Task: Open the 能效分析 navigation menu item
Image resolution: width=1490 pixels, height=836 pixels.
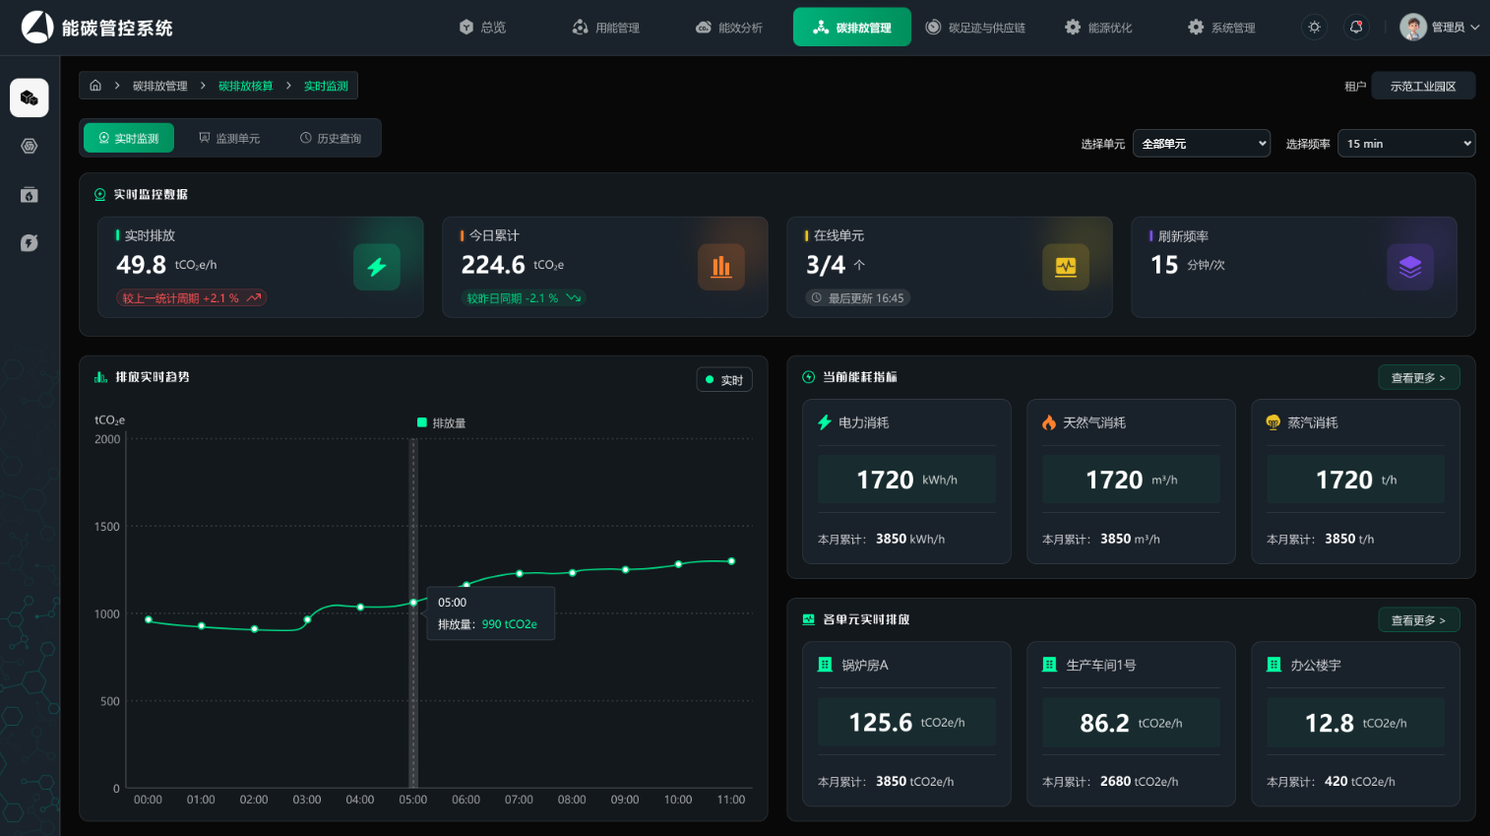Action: point(729,28)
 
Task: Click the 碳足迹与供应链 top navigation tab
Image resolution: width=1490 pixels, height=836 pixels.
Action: point(975,28)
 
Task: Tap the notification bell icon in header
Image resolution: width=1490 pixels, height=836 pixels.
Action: point(1355,28)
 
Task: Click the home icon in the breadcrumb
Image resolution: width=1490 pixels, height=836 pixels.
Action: point(95,86)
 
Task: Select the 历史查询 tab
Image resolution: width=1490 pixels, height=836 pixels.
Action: point(331,138)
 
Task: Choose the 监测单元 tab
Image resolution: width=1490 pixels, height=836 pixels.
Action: point(229,138)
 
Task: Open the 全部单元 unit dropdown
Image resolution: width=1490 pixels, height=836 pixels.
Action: point(1202,144)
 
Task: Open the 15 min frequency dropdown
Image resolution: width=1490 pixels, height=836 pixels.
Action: point(1406,144)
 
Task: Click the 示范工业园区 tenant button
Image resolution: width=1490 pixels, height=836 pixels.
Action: point(1423,86)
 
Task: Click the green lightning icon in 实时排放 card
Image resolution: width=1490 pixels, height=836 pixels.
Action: point(377,267)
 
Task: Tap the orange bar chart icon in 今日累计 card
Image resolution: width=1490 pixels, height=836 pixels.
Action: point(721,267)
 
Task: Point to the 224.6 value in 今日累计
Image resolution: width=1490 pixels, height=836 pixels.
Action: point(493,265)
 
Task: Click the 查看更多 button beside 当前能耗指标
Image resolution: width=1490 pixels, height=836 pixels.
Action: point(1419,377)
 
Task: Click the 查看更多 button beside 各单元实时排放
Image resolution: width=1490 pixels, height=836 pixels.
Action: point(1419,620)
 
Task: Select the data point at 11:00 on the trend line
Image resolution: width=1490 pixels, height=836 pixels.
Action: point(731,561)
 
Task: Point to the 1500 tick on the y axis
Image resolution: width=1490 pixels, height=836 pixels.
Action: point(107,527)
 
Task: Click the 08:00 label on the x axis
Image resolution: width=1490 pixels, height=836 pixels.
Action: point(572,800)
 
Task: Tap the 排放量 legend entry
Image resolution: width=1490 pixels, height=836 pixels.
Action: point(441,422)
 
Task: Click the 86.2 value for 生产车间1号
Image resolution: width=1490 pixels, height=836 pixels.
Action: point(1104,723)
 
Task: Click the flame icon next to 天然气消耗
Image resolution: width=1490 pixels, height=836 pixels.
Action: point(1049,422)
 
